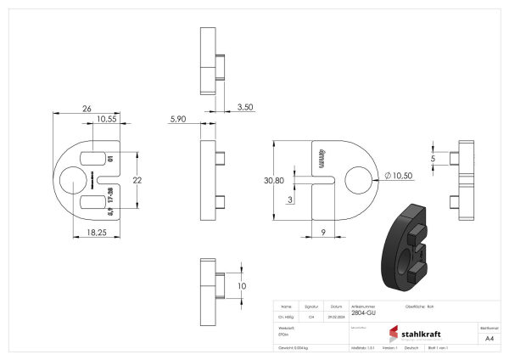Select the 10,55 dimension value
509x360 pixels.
[106, 120]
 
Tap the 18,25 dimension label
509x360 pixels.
[95, 232]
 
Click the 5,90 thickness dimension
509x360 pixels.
[178, 120]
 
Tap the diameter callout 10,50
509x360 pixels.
[398, 175]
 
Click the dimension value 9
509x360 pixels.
[323, 232]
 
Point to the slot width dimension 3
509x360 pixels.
[290, 199]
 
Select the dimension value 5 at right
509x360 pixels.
[433, 158]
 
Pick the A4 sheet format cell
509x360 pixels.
[489, 338]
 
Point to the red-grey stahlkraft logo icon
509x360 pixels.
[394, 334]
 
